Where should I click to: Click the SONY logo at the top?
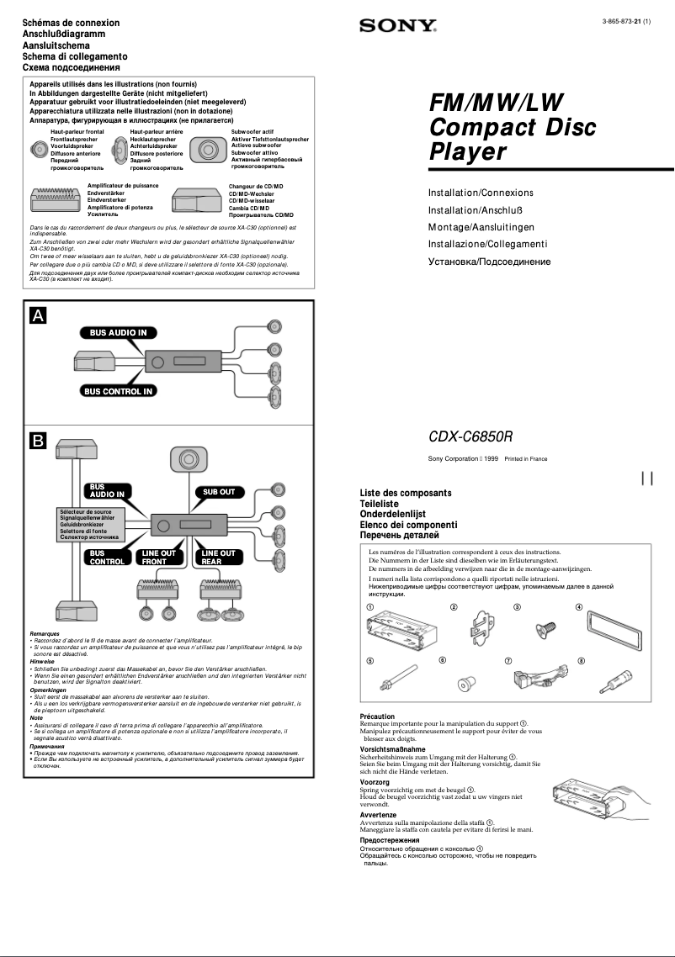[398, 26]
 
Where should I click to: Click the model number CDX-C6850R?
[470, 437]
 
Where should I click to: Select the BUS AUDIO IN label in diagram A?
[119, 332]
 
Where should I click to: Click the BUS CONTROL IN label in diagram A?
[119, 391]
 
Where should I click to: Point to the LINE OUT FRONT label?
[159, 558]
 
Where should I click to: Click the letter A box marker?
[39, 315]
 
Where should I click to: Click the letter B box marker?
[39, 440]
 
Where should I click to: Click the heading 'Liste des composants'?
[406, 493]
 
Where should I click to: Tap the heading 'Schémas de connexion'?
[71, 23]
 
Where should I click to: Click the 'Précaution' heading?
[377, 716]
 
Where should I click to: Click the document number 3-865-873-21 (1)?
[626, 20]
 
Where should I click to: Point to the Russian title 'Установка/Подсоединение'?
[489, 262]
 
